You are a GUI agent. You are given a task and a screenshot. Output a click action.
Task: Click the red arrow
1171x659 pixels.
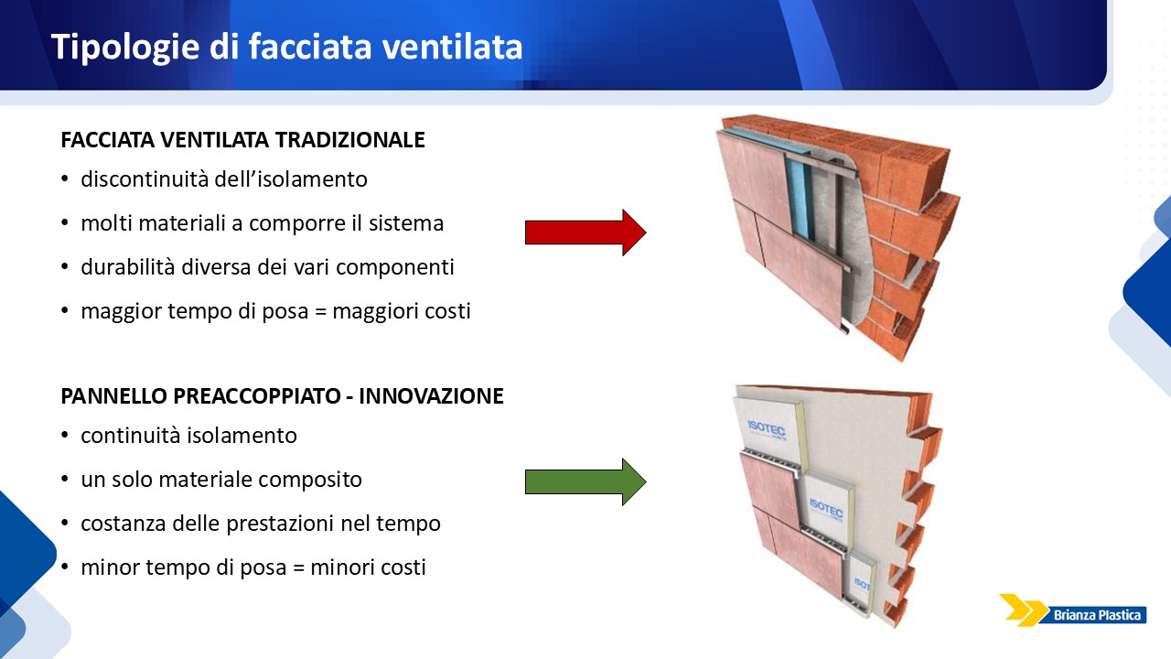pyautogui.click(x=585, y=232)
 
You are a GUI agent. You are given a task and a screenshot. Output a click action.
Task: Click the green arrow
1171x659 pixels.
pyautogui.click(x=585, y=481)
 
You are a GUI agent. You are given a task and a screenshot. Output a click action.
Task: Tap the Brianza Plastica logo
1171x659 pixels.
pyautogui.click(x=1072, y=610)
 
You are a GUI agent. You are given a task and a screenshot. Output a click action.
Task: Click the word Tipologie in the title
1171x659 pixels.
pyautogui.click(x=125, y=47)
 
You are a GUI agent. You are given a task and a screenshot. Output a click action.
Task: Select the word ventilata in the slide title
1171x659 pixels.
pyautogui.click(x=452, y=47)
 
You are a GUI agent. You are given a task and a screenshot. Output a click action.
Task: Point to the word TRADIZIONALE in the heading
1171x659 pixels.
pyautogui.click(x=349, y=140)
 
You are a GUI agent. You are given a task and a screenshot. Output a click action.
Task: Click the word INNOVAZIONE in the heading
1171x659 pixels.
pyautogui.click(x=431, y=396)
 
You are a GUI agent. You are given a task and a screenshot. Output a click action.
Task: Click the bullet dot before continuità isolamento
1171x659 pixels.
pyautogui.click(x=65, y=435)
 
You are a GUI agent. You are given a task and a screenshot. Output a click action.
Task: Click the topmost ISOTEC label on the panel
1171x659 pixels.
pyautogui.click(x=767, y=429)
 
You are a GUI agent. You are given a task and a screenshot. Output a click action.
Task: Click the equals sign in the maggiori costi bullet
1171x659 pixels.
pyautogui.click(x=321, y=312)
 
